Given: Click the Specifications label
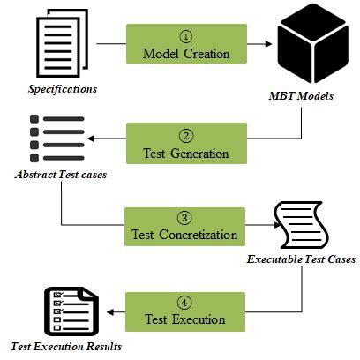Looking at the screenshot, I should point(63,89).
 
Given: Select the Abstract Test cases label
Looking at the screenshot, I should point(61,174).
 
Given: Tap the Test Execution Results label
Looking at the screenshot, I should point(65,347).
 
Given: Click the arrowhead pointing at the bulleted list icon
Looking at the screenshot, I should point(97,139).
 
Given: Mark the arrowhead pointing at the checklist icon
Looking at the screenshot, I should point(109,310).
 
